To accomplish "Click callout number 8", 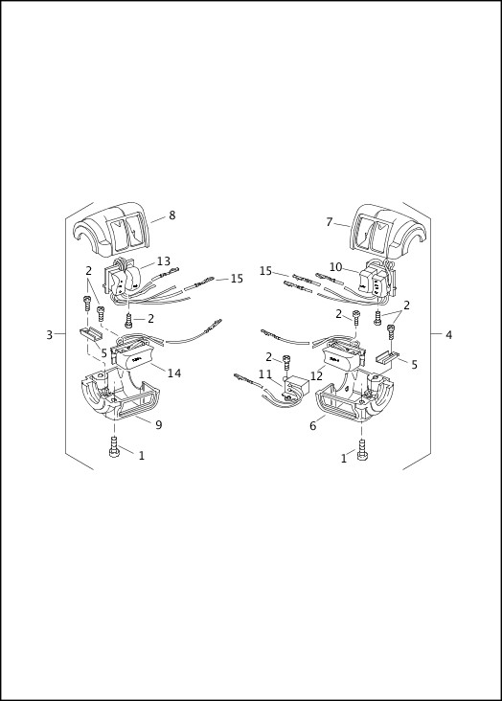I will tap(172, 215).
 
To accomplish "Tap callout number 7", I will tap(329, 222).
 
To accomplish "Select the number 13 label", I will tap(164, 261).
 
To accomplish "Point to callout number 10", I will tap(335, 267).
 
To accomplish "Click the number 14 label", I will tap(174, 373).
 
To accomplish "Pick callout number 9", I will tap(158, 425).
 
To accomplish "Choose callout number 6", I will tap(312, 426).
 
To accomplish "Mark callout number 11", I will tap(264, 374).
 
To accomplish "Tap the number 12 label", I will tap(316, 375).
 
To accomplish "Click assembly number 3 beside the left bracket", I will tap(49, 335).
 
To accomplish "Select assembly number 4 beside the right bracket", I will tap(448, 335).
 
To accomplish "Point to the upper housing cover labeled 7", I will tap(379, 232).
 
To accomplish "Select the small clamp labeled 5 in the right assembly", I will tap(388, 358).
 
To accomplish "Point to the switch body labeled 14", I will tap(134, 357).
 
